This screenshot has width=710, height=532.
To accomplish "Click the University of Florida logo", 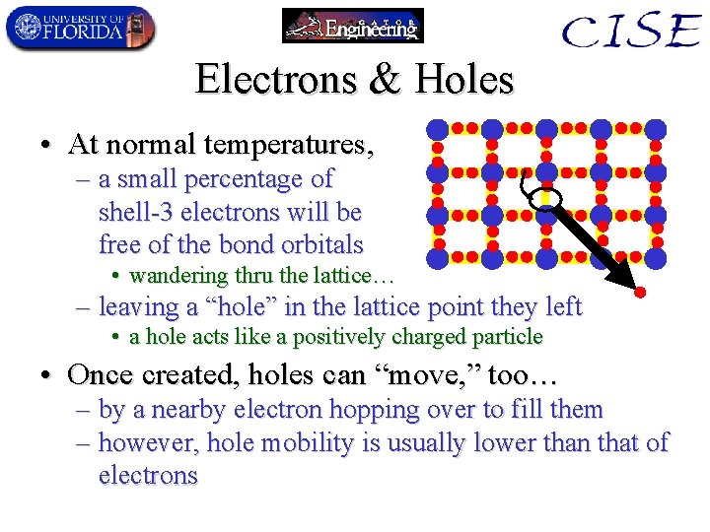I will click(79, 28).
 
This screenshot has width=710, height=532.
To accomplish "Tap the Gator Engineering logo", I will click(352, 26).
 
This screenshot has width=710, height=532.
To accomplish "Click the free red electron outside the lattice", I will click(639, 293).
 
